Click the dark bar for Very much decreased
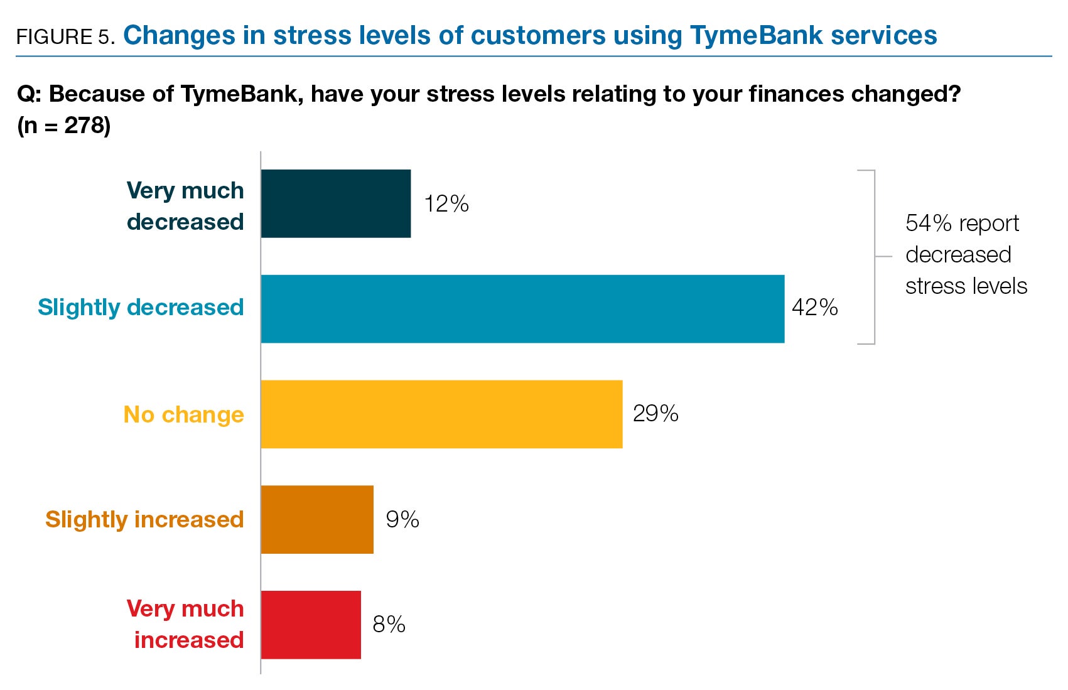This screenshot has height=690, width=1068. click(336, 203)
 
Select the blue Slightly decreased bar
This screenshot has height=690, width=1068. click(522, 309)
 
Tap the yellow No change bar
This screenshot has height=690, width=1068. click(441, 414)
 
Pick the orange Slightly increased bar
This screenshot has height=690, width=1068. click(317, 519)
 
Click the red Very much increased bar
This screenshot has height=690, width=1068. click(311, 625)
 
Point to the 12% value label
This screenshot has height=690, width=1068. click(446, 204)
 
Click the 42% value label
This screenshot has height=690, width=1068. click(814, 308)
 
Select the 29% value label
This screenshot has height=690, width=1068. click(655, 414)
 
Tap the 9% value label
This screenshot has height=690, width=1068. click(402, 519)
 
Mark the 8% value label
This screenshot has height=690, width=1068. click(389, 625)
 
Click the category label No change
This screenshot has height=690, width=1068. click(183, 415)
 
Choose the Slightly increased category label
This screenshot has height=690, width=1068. click(144, 520)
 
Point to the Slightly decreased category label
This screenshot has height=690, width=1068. click(141, 308)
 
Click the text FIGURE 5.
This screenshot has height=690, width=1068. click(65, 37)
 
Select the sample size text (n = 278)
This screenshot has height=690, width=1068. click(64, 126)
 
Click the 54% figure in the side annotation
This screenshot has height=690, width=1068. click(929, 224)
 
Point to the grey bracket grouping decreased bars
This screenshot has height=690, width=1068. click(874, 257)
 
